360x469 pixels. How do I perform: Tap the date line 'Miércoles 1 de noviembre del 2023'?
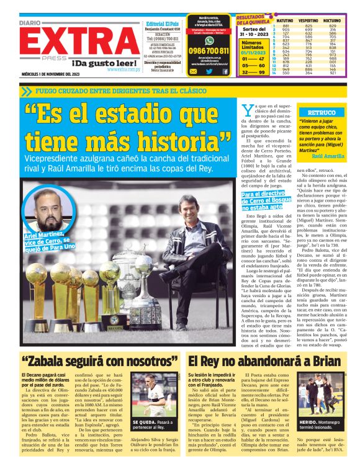coord(49,75)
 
